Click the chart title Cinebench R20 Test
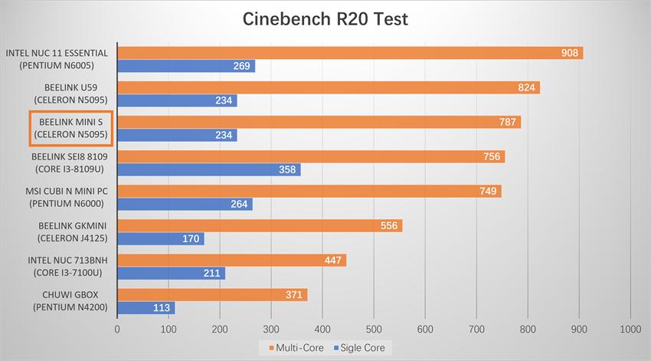(325, 18)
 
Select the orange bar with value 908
(349, 53)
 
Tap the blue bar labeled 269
(185, 67)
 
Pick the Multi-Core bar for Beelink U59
(328, 87)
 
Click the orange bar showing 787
(319, 122)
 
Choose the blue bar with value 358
(208, 170)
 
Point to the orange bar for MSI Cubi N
(309, 191)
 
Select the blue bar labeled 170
(160, 239)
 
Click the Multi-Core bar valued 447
(231, 260)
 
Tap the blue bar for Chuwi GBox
(146, 308)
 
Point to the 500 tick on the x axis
(373, 328)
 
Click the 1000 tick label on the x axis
(630, 328)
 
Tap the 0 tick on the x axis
(117, 328)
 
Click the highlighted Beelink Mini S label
(70, 129)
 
